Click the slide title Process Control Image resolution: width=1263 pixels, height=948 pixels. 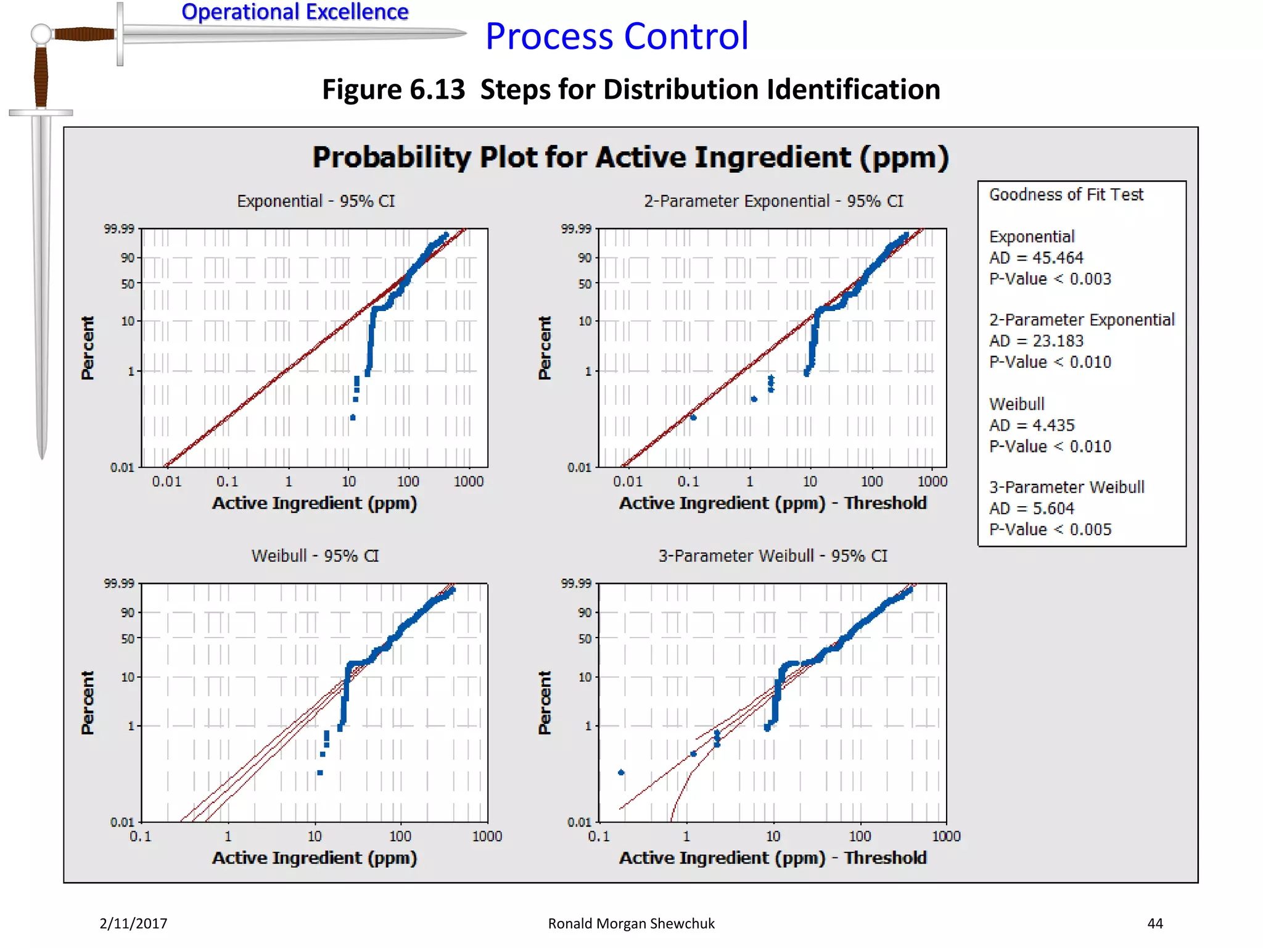click(617, 36)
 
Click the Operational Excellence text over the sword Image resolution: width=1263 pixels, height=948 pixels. click(295, 12)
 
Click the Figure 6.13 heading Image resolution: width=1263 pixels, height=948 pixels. click(631, 89)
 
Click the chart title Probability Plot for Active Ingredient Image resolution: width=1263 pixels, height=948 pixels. click(630, 157)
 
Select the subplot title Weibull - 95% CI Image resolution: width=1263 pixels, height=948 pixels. click(315, 555)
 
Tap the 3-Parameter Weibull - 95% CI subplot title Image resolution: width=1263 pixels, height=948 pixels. click(773, 555)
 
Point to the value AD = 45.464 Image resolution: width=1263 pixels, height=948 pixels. click(1036, 258)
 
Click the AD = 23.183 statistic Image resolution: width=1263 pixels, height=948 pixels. click(1036, 341)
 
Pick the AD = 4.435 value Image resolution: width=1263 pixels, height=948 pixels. click(1032, 425)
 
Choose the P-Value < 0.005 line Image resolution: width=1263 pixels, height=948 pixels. click(1050, 530)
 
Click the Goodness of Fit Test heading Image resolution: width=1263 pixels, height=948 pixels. click(1066, 195)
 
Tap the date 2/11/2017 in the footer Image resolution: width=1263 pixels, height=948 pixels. click(133, 923)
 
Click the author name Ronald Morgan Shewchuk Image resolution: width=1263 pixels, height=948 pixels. click(631, 923)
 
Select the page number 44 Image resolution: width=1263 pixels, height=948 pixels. click(1155, 923)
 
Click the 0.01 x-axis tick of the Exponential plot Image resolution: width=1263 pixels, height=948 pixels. click(167, 481)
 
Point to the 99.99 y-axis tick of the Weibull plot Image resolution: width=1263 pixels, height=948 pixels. click(119, 583)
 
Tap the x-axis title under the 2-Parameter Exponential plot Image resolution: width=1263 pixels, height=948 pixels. click(773, 503)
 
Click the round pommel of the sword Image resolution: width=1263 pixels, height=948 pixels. click(41, 34)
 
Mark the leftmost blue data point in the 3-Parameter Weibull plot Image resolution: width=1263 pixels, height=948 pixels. click(621, 772)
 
